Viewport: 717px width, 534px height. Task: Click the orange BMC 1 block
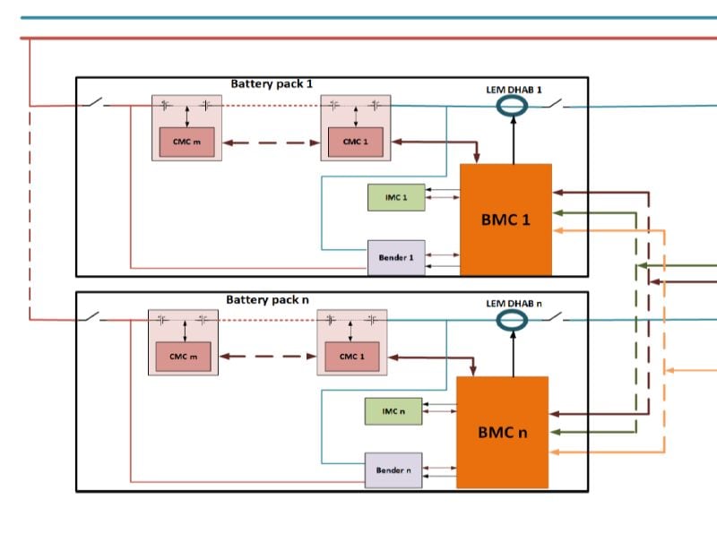[505, 219]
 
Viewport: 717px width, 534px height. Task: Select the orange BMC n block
[502, 432]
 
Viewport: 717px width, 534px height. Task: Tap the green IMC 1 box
[396, 197]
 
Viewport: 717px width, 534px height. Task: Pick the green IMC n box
[393, 411]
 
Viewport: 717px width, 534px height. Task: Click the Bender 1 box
[396, 257]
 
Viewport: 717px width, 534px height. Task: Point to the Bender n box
[393, 469]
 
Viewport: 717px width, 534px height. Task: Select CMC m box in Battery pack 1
[186, 142]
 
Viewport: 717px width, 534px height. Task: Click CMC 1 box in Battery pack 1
[355, 142]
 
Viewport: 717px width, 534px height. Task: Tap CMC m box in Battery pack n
[183, 357]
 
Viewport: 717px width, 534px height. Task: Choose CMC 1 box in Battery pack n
[351, 357]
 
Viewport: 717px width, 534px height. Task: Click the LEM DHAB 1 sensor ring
[514, 106]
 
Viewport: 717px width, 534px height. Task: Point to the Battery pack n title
[267, 299]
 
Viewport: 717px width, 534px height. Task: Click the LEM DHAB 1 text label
[514, 90]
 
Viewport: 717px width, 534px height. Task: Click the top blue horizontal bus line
[358, 17]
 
